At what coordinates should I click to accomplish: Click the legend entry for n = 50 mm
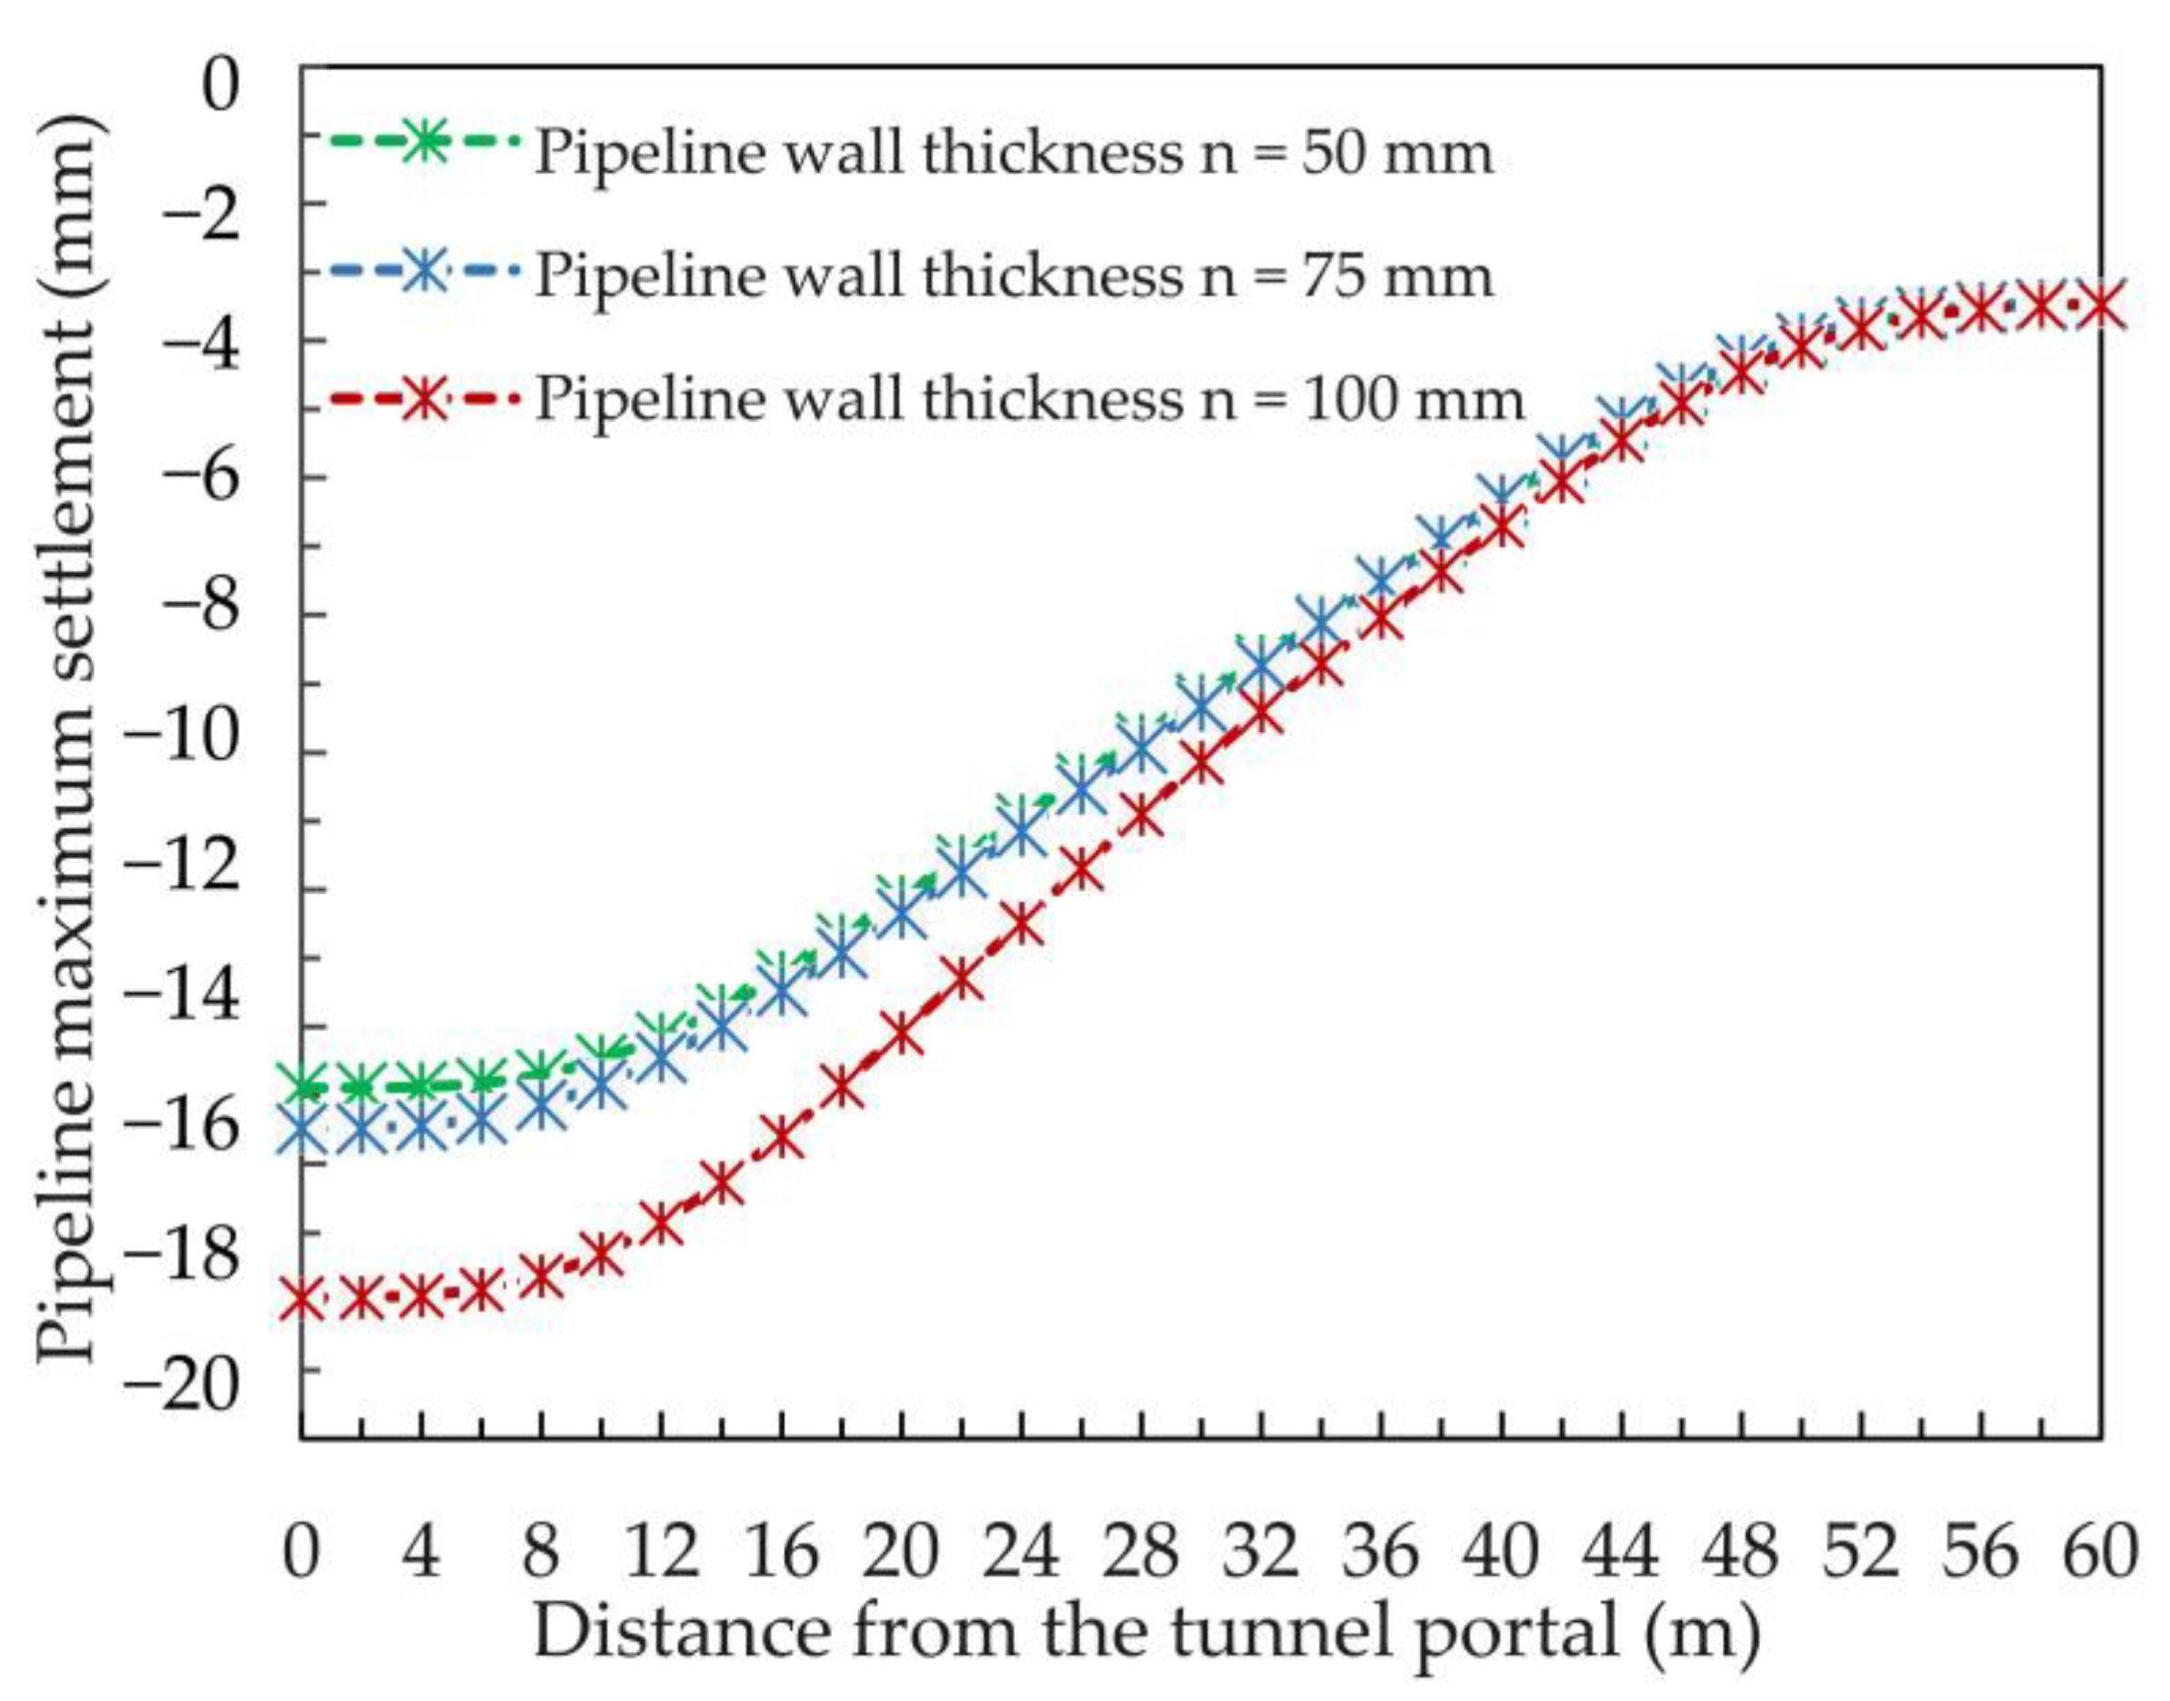pos(1014,153)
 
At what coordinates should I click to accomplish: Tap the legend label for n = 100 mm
pos(1030,398)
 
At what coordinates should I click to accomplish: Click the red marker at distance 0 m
pos(302,1298)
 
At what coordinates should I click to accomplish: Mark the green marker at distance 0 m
pos(302,1086)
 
